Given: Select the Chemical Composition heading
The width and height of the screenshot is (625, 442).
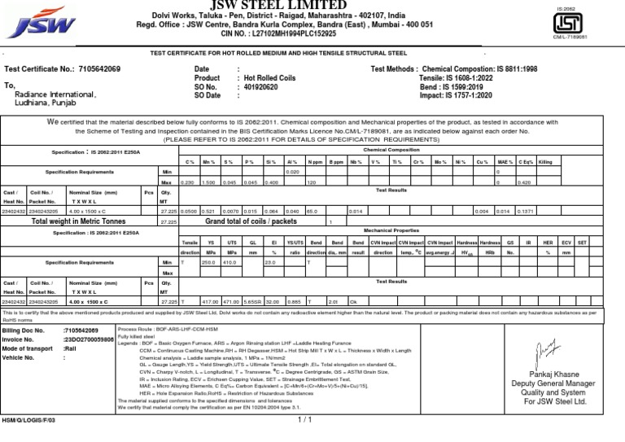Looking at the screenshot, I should coord(391,150).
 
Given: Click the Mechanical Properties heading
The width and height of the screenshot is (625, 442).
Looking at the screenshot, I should coord(391,231).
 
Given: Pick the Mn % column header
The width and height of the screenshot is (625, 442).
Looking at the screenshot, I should coord(208,162).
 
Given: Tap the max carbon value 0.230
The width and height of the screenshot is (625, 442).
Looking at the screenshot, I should coord(187,183).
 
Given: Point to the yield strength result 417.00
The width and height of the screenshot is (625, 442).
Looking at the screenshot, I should coord(210,301).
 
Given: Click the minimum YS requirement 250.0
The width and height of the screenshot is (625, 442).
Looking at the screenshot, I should coord(210,262).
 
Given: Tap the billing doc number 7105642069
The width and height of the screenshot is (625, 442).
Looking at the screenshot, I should coord(82,331).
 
